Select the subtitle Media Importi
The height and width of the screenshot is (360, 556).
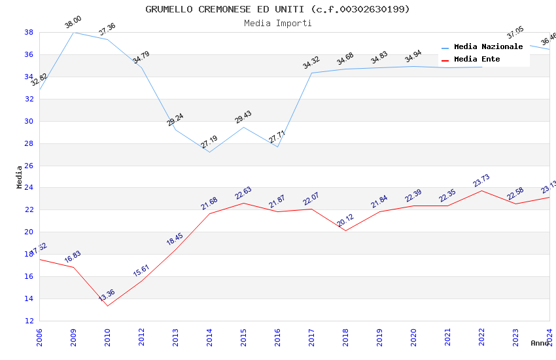[277, 23]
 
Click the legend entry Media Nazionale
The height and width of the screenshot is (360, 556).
[488, 46]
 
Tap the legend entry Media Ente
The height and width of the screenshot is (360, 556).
[477, 59]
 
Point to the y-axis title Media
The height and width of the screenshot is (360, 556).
[20, 177]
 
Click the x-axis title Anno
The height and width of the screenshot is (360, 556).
[540, 343]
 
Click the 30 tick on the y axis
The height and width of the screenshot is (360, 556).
[29, 121]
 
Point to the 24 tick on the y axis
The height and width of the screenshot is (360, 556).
[29, 188]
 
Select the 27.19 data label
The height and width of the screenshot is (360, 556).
[209, 142]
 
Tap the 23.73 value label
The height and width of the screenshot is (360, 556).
[481, 181]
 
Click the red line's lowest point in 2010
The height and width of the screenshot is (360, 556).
[107, 306]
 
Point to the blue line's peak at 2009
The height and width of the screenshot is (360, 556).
[73, 32]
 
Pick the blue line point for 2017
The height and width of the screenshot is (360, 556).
[311, 73]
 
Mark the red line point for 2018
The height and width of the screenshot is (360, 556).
[345, 230]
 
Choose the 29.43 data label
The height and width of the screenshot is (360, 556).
[243, 117]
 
